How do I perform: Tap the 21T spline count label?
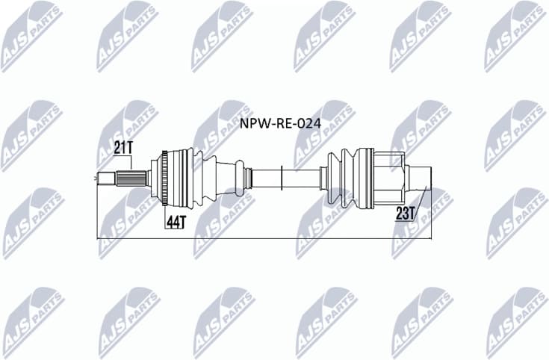coord(124,147)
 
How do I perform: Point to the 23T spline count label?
coord(406,214)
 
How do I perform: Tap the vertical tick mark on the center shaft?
coord(281,179)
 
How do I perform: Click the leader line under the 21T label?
coord(131,163)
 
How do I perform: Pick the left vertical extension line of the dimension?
coord(98,213)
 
